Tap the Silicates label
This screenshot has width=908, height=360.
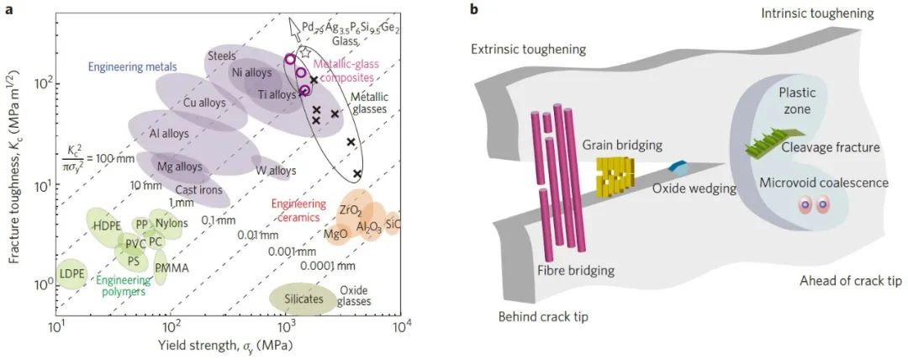pyautogui.click(x=294, y=297)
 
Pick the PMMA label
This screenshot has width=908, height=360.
pyautogui.click(x=172, y=268)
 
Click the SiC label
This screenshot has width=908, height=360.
pyautogui.click(x=393, y=225)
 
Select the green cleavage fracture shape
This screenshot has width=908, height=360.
pyautogui.click(x=773, y=144)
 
